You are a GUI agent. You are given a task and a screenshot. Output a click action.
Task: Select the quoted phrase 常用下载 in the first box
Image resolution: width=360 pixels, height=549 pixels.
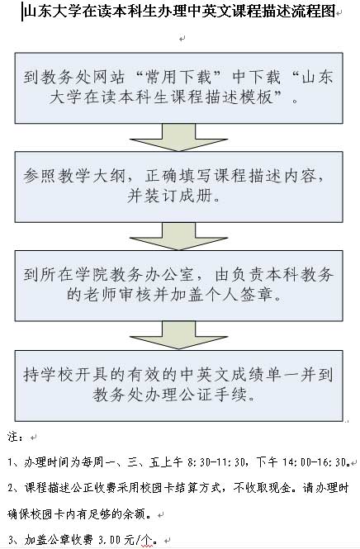point(178,77)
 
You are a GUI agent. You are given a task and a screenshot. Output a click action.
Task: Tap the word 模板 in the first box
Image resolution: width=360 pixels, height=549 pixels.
point(258,97)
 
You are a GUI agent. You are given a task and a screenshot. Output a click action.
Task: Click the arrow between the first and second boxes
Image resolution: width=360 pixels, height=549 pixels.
point(178,137)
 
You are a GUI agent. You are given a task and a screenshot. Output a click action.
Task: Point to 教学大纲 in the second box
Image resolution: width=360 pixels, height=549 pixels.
point(92,176)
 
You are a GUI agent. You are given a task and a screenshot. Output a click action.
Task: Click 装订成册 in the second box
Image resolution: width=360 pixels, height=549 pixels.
point(178,196)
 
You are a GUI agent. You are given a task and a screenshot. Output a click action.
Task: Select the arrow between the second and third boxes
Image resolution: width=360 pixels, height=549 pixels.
point(178,236)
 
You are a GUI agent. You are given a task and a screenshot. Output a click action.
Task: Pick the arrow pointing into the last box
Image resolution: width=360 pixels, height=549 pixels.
point(178,335)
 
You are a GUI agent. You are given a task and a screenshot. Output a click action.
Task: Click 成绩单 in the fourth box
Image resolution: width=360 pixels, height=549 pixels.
point(256,375)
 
